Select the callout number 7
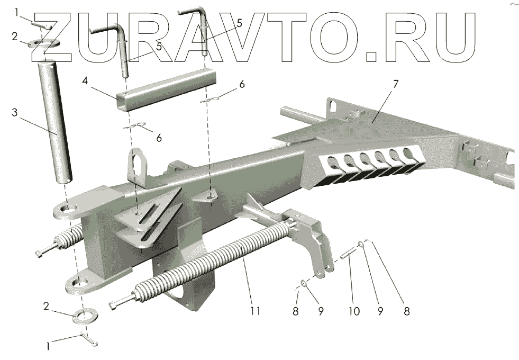(x=395, y=84)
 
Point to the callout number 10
(x=353, y=310)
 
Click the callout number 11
(x=256, y=311)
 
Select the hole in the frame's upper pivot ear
(x=68, y=210)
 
